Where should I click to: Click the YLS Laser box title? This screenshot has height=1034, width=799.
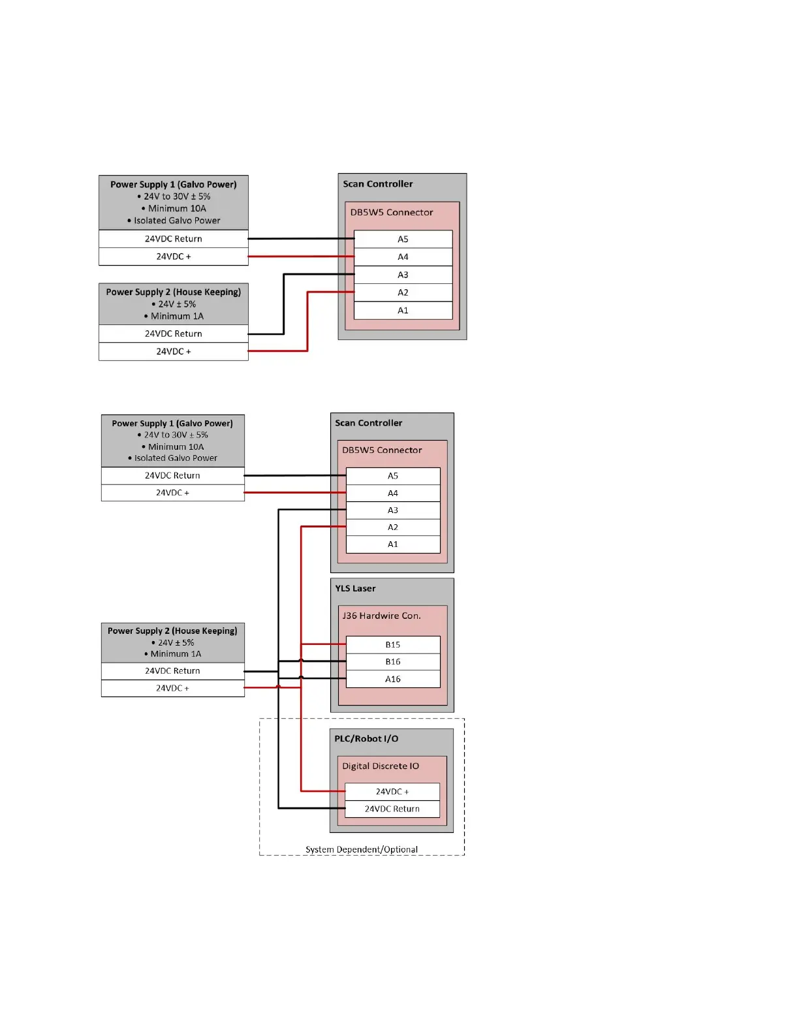click(355, 588)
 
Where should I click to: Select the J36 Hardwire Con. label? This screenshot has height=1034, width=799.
click(381, 616)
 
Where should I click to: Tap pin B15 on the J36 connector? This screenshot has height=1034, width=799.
click(392, 644)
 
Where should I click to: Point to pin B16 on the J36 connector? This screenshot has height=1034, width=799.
click(392, 661)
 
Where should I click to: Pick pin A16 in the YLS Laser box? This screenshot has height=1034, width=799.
click(392, 679)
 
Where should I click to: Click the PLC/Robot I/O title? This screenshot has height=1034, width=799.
click(366, 738)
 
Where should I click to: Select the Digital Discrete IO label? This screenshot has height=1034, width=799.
click(381, 766)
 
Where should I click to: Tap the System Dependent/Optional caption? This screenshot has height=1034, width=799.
click(362, 849)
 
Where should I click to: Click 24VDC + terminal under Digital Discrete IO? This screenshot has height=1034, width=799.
click(392, 791)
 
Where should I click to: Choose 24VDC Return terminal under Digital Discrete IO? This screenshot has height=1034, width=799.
click(392, 809)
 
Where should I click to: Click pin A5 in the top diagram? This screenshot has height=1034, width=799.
click(403, 239)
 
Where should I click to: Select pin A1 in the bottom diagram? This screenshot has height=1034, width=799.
click(392, 544)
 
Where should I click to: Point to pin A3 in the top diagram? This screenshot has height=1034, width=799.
click(403, 275)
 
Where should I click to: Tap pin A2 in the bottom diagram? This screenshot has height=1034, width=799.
click(392, 527)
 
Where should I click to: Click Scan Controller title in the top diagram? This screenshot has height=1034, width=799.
click(378, 184)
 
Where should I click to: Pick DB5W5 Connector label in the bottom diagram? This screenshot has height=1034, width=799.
click(382, 450)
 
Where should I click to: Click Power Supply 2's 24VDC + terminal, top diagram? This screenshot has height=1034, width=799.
click(173, 351)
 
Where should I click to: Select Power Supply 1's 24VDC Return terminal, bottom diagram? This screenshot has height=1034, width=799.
click(172, 475)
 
